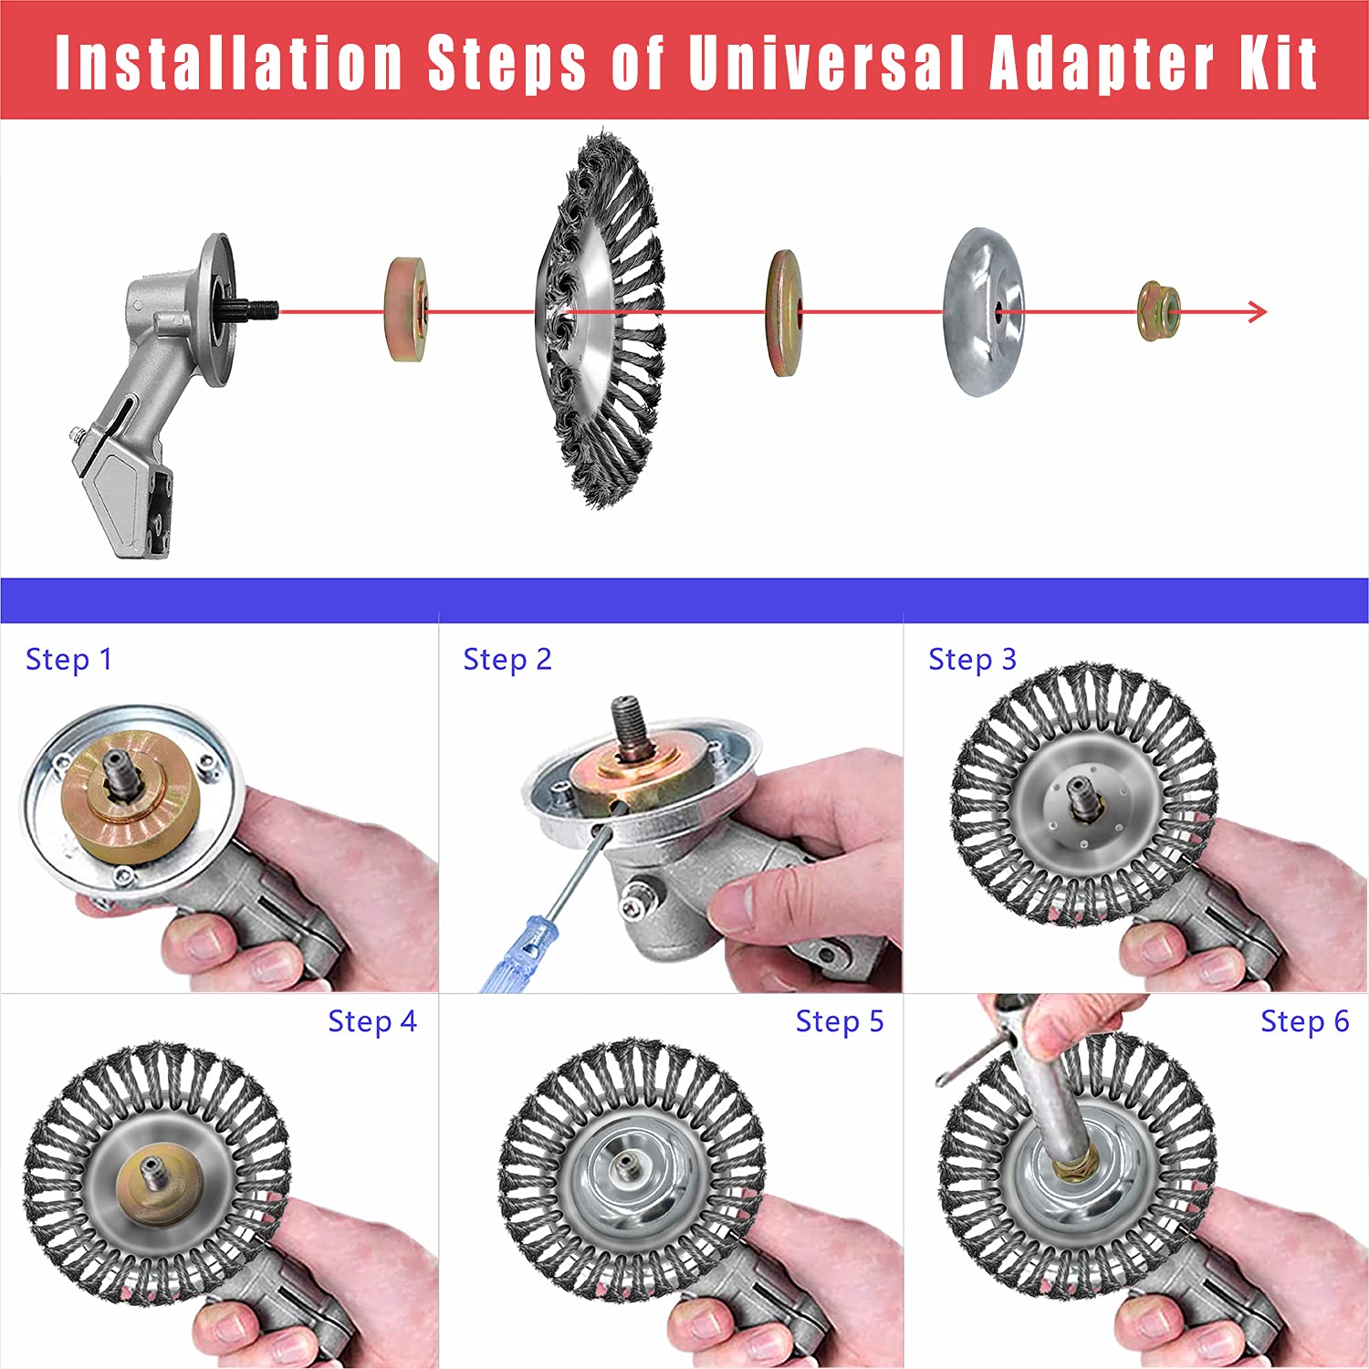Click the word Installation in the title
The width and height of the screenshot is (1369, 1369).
229,63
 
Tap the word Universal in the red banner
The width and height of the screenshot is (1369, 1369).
827,63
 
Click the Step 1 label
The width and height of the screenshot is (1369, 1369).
68,659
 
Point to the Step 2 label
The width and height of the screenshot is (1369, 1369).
507,659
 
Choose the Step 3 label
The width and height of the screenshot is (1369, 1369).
972,659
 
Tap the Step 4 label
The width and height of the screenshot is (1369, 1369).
372,1021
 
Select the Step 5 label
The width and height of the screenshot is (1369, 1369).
840,1021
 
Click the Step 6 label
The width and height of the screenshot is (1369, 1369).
1305,1021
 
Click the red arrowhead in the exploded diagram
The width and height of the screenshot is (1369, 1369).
1258,312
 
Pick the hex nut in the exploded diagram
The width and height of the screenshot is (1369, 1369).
1159,312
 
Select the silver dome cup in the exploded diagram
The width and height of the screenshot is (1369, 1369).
984,312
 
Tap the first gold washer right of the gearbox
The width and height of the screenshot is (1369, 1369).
406,309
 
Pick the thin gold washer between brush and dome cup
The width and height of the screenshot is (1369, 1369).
785,313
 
